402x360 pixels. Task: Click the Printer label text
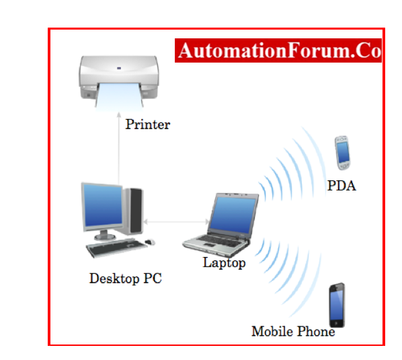click(147, 124)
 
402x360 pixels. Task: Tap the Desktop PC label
click(125, 279)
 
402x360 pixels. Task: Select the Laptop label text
click(224, 262)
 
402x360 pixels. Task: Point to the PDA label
click(341, 186)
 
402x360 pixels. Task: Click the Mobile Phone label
click(293, 331)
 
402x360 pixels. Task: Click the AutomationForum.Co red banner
click(278, 50)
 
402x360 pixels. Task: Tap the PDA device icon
click(342, 153)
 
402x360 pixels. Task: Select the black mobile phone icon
click(337, 305)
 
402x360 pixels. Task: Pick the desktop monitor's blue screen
click(103, 205)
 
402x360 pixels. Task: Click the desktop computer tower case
click(134, 211)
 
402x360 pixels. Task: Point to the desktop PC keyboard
click(117, 248)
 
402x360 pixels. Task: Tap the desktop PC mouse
click(150, 242)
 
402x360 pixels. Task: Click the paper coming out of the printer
click(120, 97)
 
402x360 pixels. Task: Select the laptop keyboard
click(223, 241)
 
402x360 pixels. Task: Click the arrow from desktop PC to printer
click(119, 148)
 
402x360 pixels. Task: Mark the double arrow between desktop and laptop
click(176, 221)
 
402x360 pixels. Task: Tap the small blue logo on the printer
click(119, 68)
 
